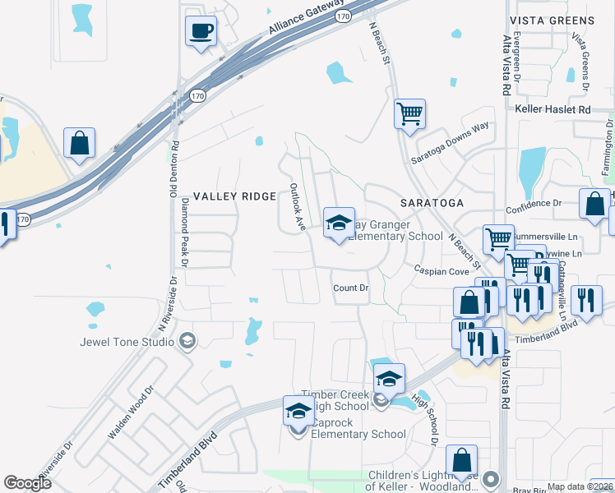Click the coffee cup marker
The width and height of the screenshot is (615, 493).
[201, 32]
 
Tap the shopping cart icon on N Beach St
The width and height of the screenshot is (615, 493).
[409, 113]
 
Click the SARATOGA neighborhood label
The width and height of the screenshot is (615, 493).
[432, 202]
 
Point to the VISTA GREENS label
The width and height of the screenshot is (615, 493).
[552, 21]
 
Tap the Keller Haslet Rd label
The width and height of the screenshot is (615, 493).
[553, 109]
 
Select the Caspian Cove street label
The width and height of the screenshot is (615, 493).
[441, 270]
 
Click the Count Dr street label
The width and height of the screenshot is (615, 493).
[351, 288]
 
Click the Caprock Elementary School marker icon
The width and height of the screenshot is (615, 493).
[298, 410]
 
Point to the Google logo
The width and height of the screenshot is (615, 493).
[28, 483]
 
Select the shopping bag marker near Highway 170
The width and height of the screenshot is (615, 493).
[79, 143]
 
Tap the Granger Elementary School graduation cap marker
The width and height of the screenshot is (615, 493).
[339, 223]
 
